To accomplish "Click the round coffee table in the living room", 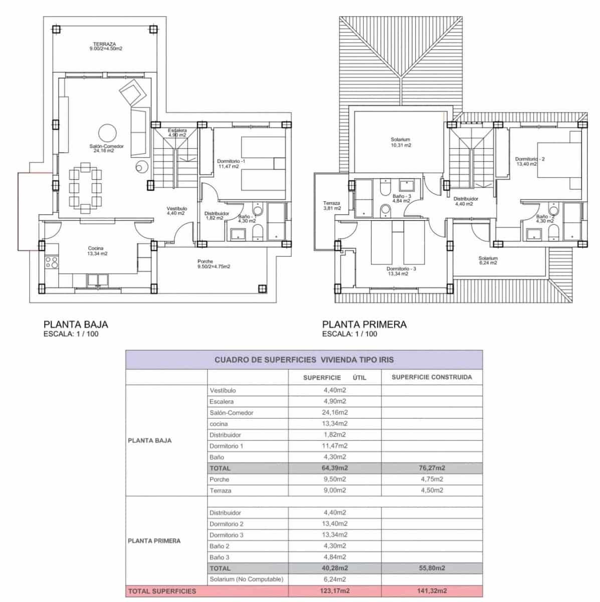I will click(x=107, y=133).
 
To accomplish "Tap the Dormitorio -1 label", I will click(x=231, y=162).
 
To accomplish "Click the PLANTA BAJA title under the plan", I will click(x=76, y=325).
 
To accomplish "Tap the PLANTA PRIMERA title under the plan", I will click(x=364, y=325).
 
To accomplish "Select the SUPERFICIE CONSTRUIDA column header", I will click(x=432, y=377).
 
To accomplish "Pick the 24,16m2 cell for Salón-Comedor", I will click(x=335, y=412).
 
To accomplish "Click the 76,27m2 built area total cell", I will click(x=432, y=468).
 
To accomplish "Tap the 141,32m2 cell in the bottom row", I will click(x=432, y=591).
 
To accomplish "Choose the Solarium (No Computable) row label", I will click(x=246, y=579).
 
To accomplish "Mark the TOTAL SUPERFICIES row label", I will click(x=162, y=591).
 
